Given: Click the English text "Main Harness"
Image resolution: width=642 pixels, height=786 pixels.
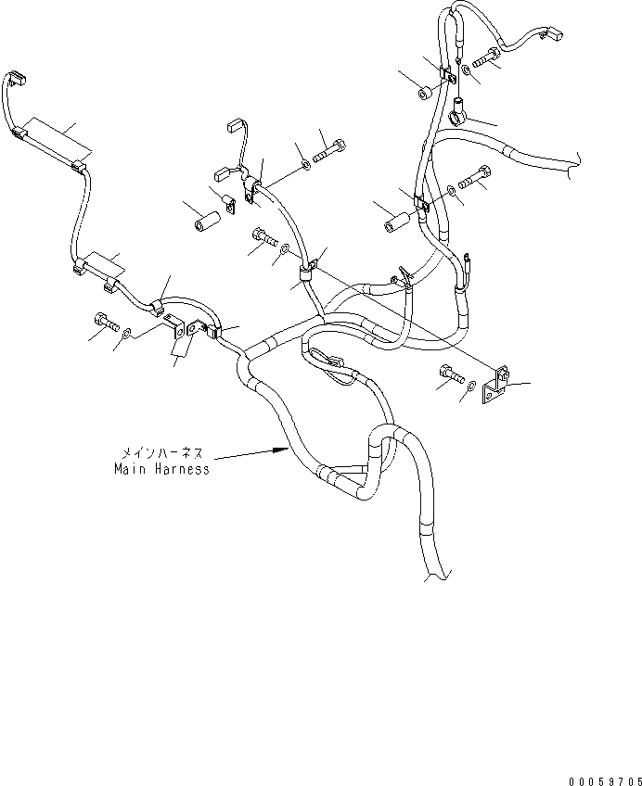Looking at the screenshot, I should (161, 469).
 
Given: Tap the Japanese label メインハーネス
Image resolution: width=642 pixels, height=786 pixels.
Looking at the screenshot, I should (161, 454).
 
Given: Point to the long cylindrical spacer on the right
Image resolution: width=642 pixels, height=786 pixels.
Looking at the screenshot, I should (398, 223).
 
